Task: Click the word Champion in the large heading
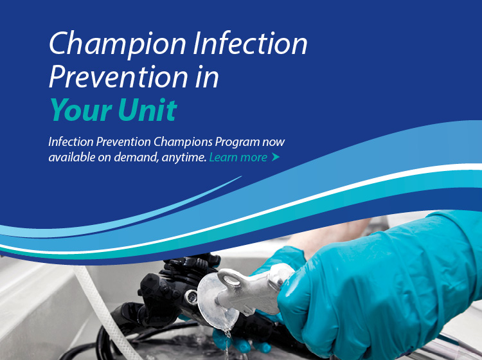(x=118, y=44)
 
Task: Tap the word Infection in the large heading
(x=250, y=43)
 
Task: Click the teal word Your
(x=81, y=110)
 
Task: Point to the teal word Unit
(x=148, y=109)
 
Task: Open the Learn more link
(x=238, y=157)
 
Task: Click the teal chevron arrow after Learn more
(x=276, y=157)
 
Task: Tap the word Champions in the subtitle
(x=183, y=142)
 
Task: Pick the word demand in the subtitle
(x=136, y=157)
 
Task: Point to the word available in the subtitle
(x=72, y=157)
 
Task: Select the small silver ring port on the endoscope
(x=192, y=296)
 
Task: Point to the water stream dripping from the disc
(x=227, y=341)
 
